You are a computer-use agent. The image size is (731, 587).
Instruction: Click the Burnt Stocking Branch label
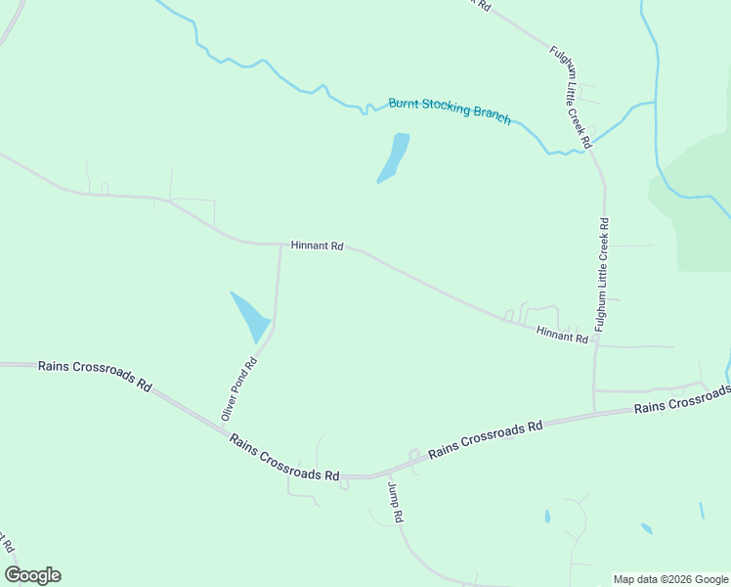[450, 110]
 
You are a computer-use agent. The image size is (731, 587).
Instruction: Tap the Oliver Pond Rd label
[238, 389]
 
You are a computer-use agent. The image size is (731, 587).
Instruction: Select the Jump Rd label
[395, 502]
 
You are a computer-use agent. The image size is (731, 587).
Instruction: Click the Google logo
[32, 575]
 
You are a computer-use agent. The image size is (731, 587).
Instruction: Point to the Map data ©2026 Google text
[670, 579]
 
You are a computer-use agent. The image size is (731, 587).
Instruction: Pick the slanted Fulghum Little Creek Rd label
[572, 97]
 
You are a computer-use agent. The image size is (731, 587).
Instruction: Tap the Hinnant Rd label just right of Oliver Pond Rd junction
[317, 247]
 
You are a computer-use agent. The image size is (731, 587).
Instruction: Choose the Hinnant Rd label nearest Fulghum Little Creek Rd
[562, 336]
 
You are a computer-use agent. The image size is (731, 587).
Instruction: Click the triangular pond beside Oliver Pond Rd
[250, 315]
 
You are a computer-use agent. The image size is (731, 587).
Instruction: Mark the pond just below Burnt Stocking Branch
[394, 157]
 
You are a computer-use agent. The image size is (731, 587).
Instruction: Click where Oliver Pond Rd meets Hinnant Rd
[280, 245]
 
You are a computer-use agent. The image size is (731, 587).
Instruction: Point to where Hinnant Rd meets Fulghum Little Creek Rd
[596, 345]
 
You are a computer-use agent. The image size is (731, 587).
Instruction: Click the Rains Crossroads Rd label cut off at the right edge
[681, 399]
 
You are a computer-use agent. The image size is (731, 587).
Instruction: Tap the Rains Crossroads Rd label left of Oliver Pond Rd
[95, 376]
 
